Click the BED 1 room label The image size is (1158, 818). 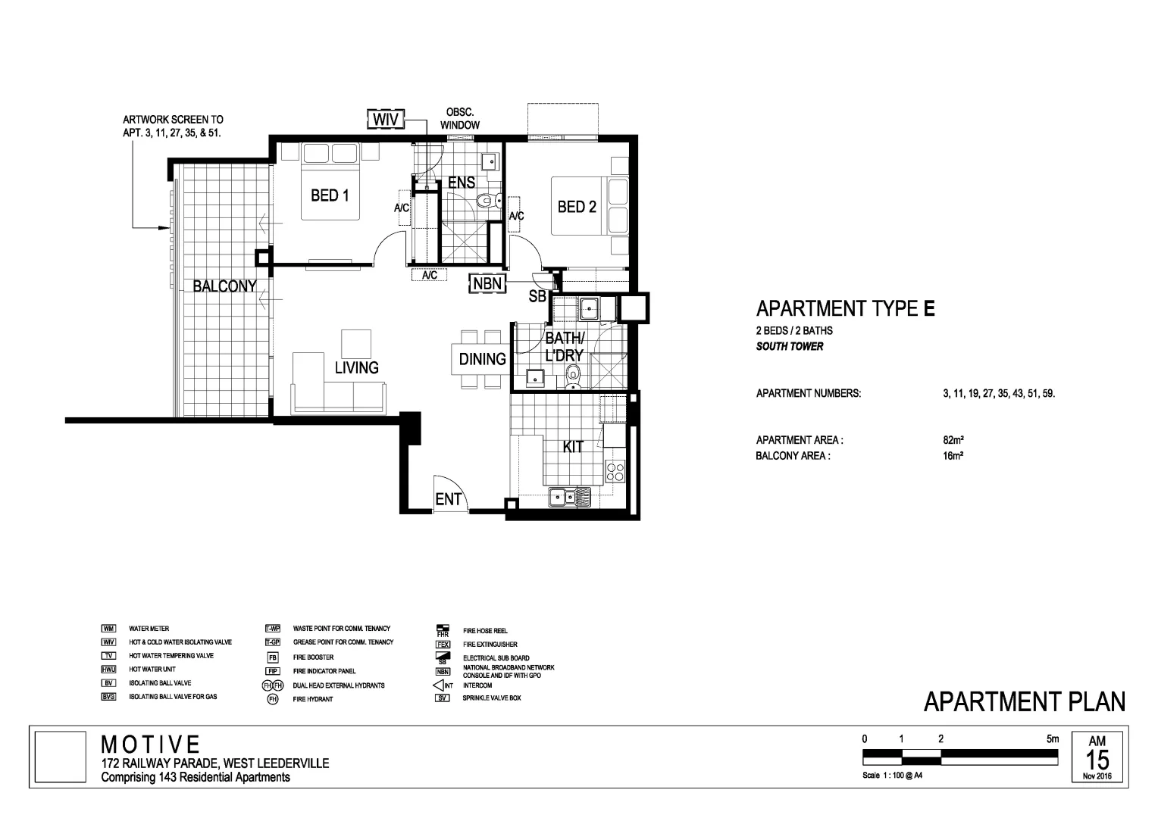click(x=330, y=195)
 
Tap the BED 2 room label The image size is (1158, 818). click(x=577, y=206)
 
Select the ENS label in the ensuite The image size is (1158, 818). click(x=462, y=183)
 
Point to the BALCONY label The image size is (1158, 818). click(x=224, y=286)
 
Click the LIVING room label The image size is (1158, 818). click(x=356, y=367)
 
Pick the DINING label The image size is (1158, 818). click(x=482, y=359)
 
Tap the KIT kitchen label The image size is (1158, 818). click(x=573, y=447)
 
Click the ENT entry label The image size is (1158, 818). click(x=448, y=499)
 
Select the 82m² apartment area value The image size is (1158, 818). click(x=953, y=440)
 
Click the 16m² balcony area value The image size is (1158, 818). click(x=953, y=456)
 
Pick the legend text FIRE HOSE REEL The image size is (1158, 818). click(x=485, y=630)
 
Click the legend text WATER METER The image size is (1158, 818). click(x=149, y=629)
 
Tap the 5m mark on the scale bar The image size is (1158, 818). click(x=1052, y=739)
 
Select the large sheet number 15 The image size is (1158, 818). click(x=1097, y=760)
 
